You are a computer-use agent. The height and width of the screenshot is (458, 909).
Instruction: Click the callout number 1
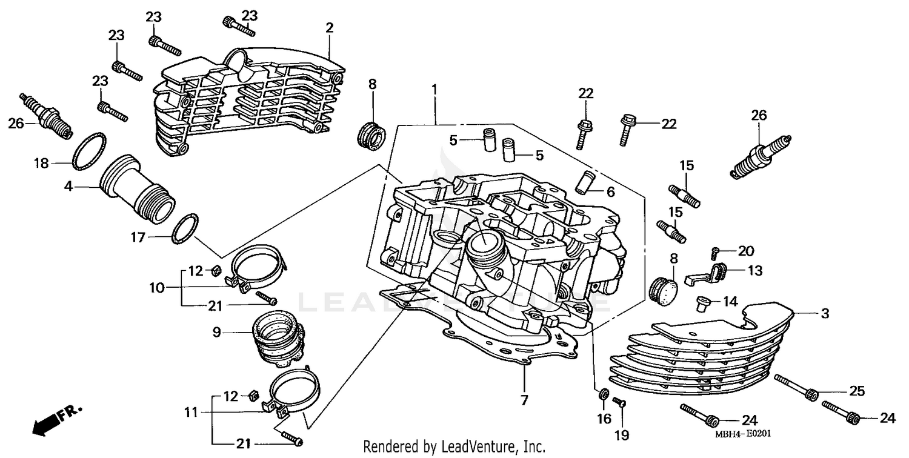pos(434,90)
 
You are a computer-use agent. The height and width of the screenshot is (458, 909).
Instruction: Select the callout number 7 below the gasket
pos(524,400)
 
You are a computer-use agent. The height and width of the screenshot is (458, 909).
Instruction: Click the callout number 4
pos(68,187)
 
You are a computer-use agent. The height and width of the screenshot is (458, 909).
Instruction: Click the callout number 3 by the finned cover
pos(825,314)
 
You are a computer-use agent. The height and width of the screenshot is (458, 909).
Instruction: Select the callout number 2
pos(329,28)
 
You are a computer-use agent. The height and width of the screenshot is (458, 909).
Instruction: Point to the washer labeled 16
pos(604,395)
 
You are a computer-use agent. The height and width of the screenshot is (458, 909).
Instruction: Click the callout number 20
pos(745,250)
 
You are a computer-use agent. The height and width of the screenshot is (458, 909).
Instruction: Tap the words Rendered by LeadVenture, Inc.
pos(454,447)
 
